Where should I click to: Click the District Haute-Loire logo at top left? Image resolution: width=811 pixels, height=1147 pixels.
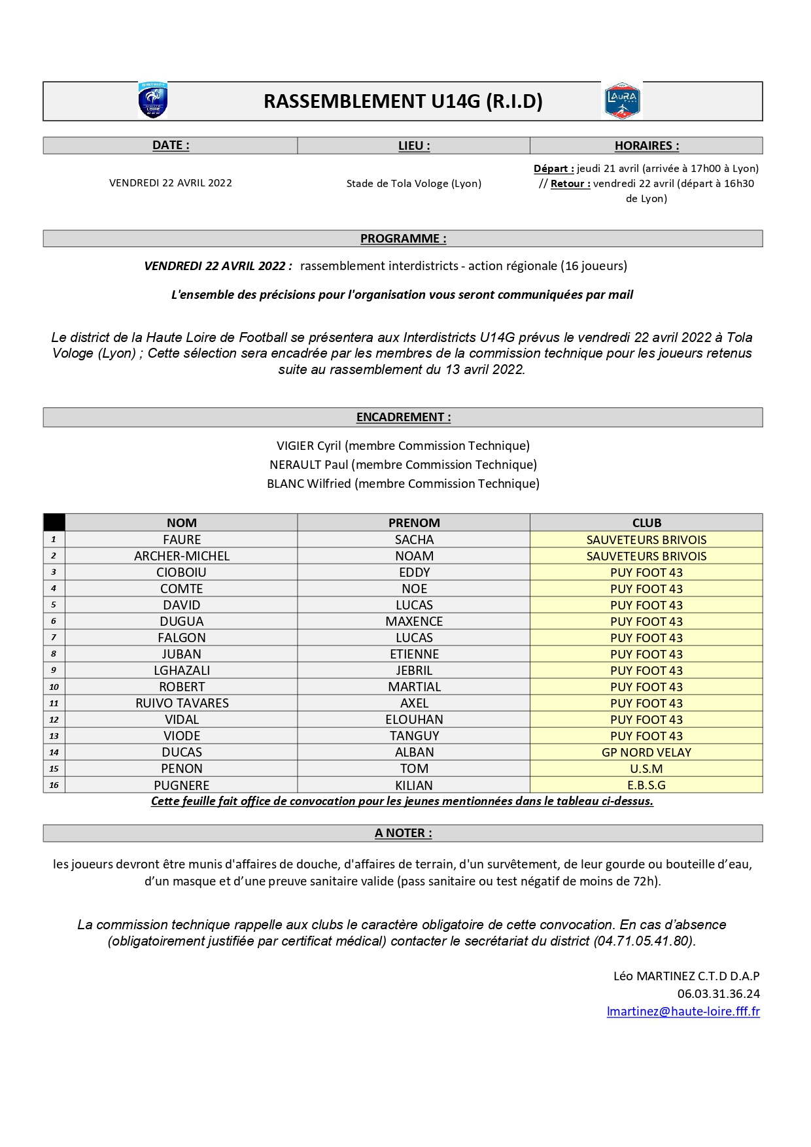click(x=153, y=101)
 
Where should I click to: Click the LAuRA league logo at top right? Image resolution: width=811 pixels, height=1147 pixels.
click(x=621, y=101)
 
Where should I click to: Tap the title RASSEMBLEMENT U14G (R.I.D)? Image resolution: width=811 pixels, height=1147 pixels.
click(x=403, y=101)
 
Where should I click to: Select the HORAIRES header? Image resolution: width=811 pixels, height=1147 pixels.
click(x=646, y=146)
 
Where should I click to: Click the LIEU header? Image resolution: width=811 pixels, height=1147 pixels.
click(x=414, y=146)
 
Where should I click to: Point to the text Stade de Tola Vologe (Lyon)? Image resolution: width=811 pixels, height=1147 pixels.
click(x=413, y=184)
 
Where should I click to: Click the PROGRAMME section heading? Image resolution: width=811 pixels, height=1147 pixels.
click(x=403, y=239)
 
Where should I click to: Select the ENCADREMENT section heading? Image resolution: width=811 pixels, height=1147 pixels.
click(x=403, y=417)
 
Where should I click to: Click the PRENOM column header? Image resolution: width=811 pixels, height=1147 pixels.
click(x=414, y=522)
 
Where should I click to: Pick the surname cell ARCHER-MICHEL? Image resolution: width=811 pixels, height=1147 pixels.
click(x=182, y=556)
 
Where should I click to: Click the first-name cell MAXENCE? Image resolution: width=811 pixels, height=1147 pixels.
click(x=414, y=621)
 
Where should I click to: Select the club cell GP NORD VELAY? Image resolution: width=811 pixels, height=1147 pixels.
click(x=646, y=752)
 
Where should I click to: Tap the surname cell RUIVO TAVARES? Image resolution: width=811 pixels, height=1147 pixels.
click(x=182, y=703)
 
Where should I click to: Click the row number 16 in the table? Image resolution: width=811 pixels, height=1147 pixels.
click(x=54, y=785)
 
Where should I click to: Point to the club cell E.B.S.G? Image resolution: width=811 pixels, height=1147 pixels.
click(x=646, y=785)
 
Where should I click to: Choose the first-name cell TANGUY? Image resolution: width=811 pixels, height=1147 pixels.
click(x=414, y=736)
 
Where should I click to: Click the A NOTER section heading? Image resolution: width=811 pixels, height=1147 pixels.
click(x=403, y=833)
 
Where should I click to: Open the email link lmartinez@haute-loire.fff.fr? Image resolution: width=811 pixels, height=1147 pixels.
click(x=683, y=1012)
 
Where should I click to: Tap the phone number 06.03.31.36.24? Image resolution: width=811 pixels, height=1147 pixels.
click(x=718, y=994)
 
